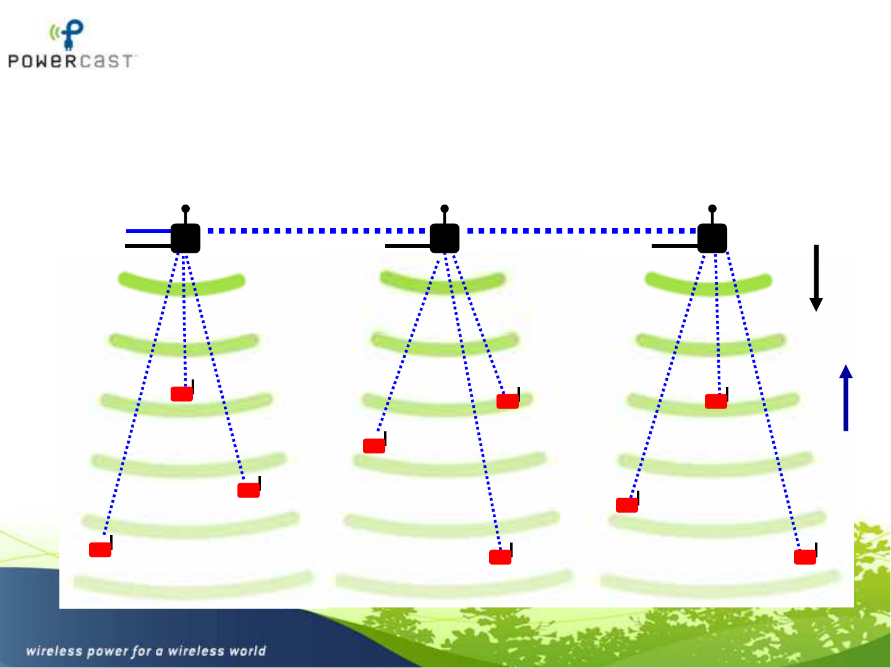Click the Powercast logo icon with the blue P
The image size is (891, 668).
click(x=67, y=35)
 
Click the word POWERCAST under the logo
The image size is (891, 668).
click(x=70, y=61)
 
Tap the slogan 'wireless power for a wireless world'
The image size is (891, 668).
click(x=146, y=651)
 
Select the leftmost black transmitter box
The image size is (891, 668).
click(x=185, y=239)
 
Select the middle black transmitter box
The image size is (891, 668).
click(x=445, y=239)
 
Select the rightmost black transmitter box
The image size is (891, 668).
click(x=712, y=239)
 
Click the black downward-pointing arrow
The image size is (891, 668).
click(x=816, y=278)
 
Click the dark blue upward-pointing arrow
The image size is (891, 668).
click(x=846, y=398)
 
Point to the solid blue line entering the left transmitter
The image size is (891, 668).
click(x=148, y=231)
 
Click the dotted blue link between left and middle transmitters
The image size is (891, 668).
click(x=315, y=230)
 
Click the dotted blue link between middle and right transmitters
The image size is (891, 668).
click(x=582, y=230)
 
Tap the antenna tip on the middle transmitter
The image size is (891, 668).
click(x=445, y=208)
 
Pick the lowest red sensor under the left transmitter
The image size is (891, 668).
click(x=100, y=549)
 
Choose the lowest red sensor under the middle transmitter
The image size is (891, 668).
click(x=500, y=557)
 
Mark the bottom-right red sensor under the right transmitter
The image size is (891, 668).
click(x=805, y=557)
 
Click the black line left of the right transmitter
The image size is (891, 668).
click(x=675, y=246)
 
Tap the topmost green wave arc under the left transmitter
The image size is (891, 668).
click(x=181, y=284)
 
